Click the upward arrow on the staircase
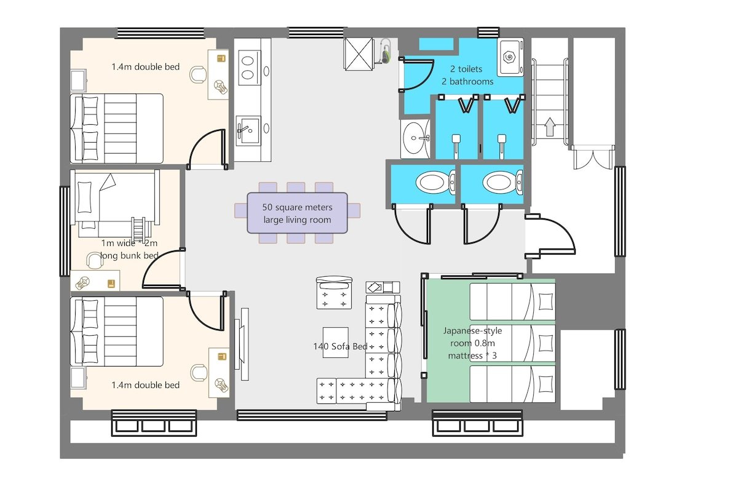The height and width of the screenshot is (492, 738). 550,127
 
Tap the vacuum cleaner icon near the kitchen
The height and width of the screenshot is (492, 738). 385,51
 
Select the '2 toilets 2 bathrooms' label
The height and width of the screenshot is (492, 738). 467,75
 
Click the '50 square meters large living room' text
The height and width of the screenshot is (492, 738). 297,213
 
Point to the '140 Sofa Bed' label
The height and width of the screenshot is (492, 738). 340,346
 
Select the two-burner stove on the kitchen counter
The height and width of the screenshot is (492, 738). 248,68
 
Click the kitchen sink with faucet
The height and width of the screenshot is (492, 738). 248,130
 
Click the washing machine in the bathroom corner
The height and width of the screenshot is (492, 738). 510,57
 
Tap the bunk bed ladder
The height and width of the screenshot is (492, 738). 138,229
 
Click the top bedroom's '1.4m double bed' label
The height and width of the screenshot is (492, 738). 146,67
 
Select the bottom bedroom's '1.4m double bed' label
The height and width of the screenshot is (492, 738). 146,385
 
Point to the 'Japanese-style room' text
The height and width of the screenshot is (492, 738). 472,336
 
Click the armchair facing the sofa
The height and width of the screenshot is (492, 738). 334,292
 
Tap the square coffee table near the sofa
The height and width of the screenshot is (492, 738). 335,343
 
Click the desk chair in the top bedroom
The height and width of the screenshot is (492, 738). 198,75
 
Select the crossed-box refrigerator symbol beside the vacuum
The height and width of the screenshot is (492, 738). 359,54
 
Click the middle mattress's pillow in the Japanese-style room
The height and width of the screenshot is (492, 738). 546,343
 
